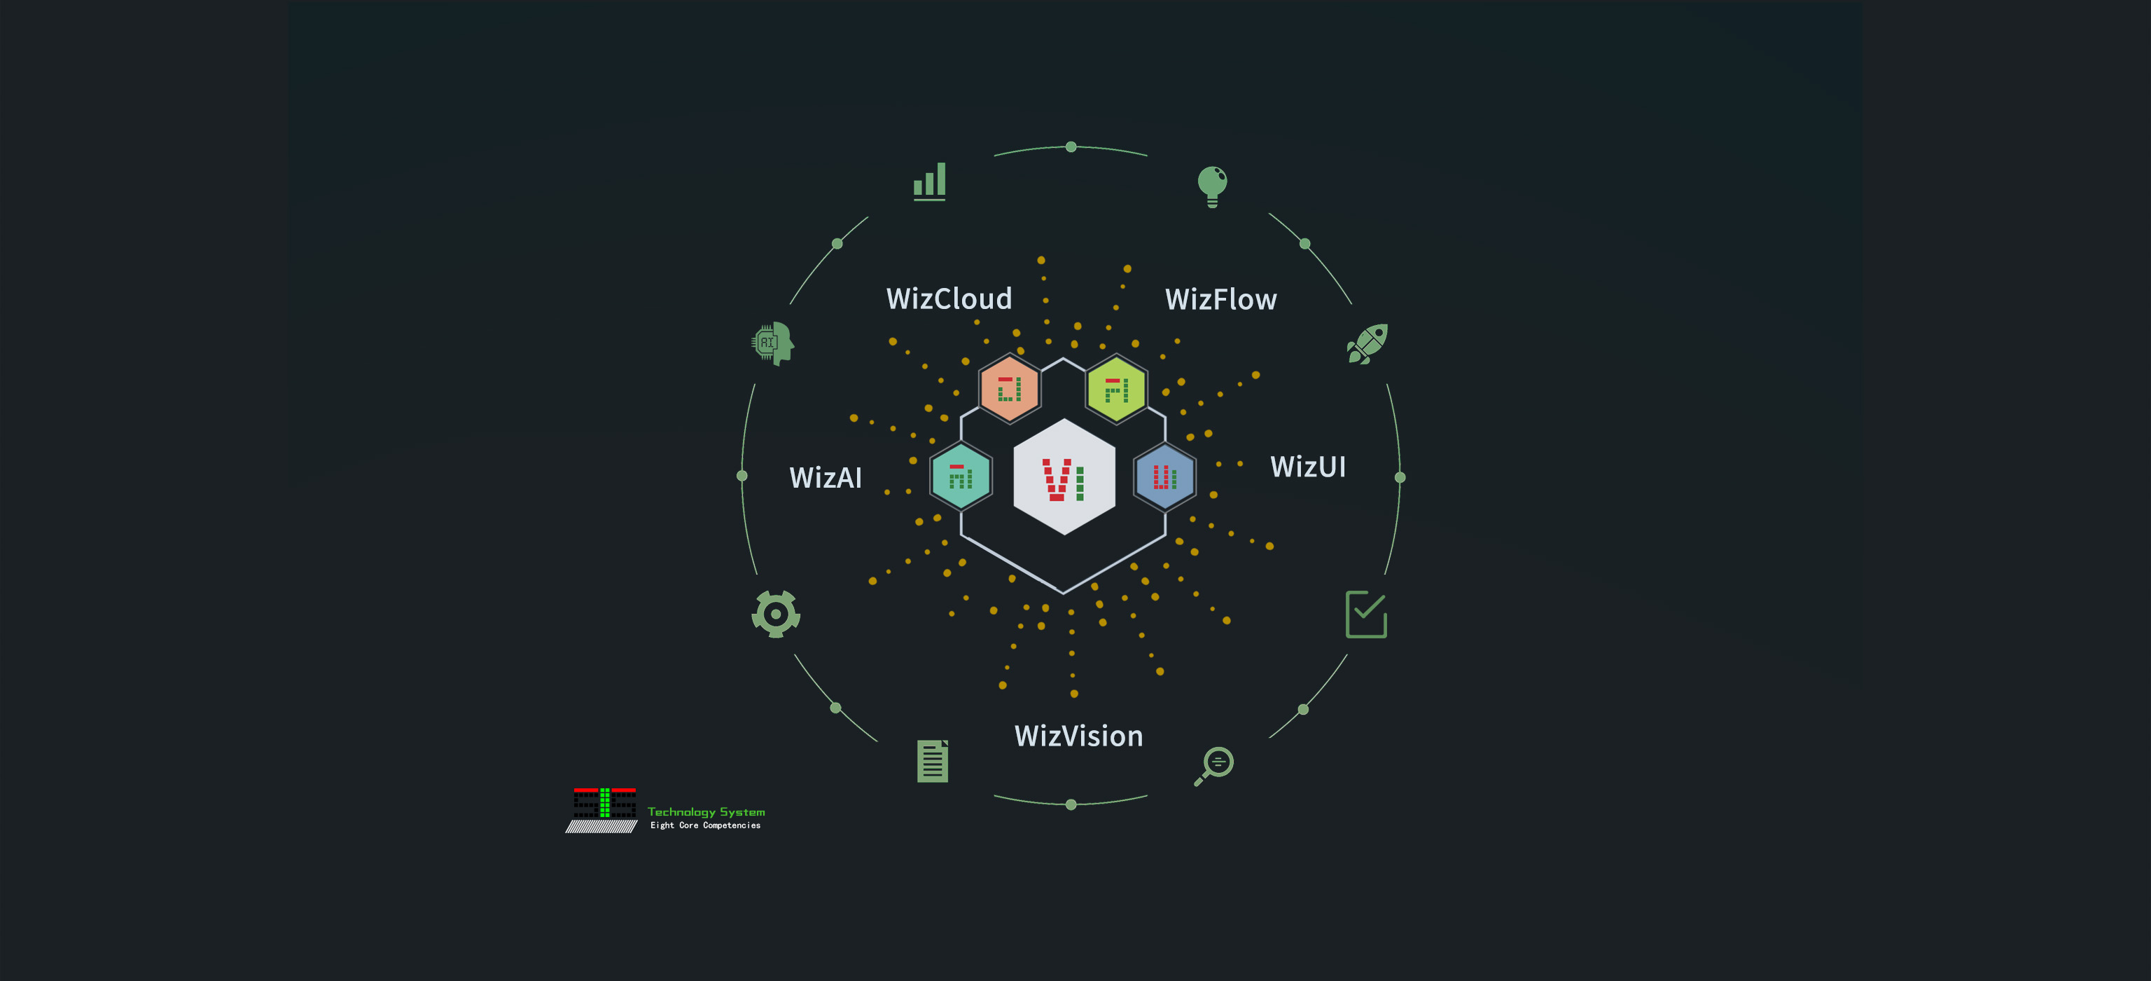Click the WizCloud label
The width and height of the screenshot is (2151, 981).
click(949, 299)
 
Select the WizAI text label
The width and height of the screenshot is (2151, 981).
click(825, 478)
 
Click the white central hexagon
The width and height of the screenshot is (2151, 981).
click(1064, 477)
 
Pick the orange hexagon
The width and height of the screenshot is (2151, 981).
click(1010, 390)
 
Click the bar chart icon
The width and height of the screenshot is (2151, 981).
click(929, 181)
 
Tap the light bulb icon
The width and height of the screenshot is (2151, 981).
click(1211, 186)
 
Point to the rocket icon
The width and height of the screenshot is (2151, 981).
click(1367, 343)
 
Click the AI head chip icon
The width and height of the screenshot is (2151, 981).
click(772, 343)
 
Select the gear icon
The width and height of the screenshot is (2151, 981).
click(776, 614)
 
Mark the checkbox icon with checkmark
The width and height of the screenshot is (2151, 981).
click(1366, 614)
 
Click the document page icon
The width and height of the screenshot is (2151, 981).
click(933, 761)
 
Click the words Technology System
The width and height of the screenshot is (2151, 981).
click(706, 811)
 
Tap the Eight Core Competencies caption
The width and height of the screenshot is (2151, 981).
click(706, 825)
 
